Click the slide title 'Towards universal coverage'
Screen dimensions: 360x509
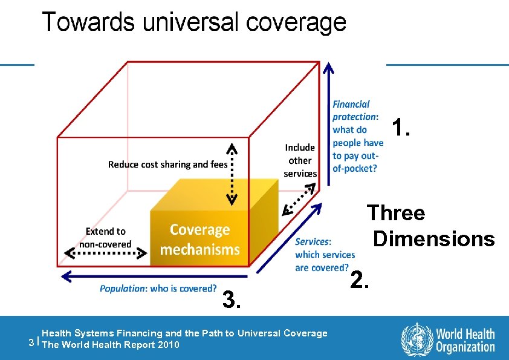(x=194, y=22)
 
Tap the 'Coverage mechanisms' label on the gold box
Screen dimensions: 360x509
(x=199, y=239)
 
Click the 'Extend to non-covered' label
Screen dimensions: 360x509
(x=105, y=238)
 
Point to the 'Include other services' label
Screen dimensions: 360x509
(x=300, y=160)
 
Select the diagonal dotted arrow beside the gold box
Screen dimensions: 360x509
(x=299, y=199)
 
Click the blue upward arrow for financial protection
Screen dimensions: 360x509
(x=327, y=121)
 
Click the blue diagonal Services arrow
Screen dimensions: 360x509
(x=290, y=236)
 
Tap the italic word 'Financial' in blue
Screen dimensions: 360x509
(x=351, y=105)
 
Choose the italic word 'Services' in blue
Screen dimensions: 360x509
(x=312, y=241)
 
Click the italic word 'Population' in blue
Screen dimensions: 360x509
(x=122, y=289)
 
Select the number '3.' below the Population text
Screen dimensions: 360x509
(x=233, y=299)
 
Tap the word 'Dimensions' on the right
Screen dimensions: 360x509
(x=433, y=238)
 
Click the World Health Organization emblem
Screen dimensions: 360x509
(x=417, y=339)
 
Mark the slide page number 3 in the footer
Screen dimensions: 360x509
(x=31, y=342)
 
